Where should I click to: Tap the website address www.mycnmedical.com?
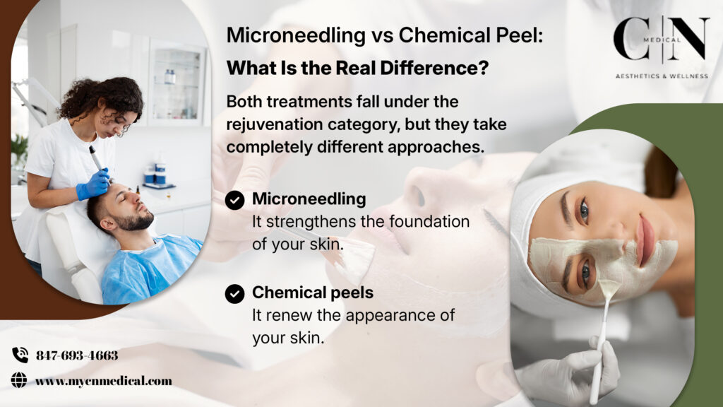[x=104, y=381]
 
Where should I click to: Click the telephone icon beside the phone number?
[x=20, y=355]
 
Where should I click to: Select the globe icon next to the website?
[x=19, y=381]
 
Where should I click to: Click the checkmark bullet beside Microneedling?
[x=235, y=201]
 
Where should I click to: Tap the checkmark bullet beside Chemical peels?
[x=235, y=293]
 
